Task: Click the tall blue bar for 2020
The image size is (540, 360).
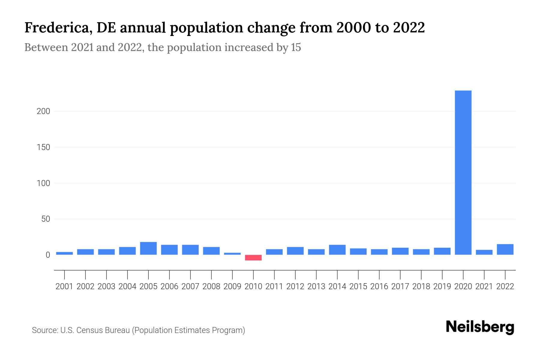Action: pyautogui.click(x=463, y=172)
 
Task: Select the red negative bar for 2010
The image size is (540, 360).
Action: pyautogui.click(x=253, y=258)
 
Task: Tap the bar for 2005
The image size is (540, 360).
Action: pyautogui.click(x=148, y=248)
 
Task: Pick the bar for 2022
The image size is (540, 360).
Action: pyautogui.click(x=505, y=250)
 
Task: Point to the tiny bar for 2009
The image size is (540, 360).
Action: pyautogui.click(x=232, y=253)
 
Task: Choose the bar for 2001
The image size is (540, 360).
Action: pyautogui.click(x=64, y=253)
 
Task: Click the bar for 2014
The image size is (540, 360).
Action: pyautogui.click(x=337, y=250)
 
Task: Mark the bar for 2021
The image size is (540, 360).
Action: pyautogui.click(x=484, y=252)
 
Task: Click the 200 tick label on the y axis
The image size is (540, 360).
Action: pyautogui.click(x=43, y=111)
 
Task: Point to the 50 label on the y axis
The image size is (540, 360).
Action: pyautogui.click(x=46, y=219)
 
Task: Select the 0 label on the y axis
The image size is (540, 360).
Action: pyautogui.click(x=48, y=255)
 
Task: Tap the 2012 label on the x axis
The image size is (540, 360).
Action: pyautogui.click(x=295, y=286)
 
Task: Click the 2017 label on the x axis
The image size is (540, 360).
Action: pyautogui.click(x=400, y=286)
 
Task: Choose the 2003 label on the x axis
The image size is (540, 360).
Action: pyautogui.click(x=106, y=286)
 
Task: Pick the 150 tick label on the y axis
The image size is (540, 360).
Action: pyautogui.click(x=43, y=147)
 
